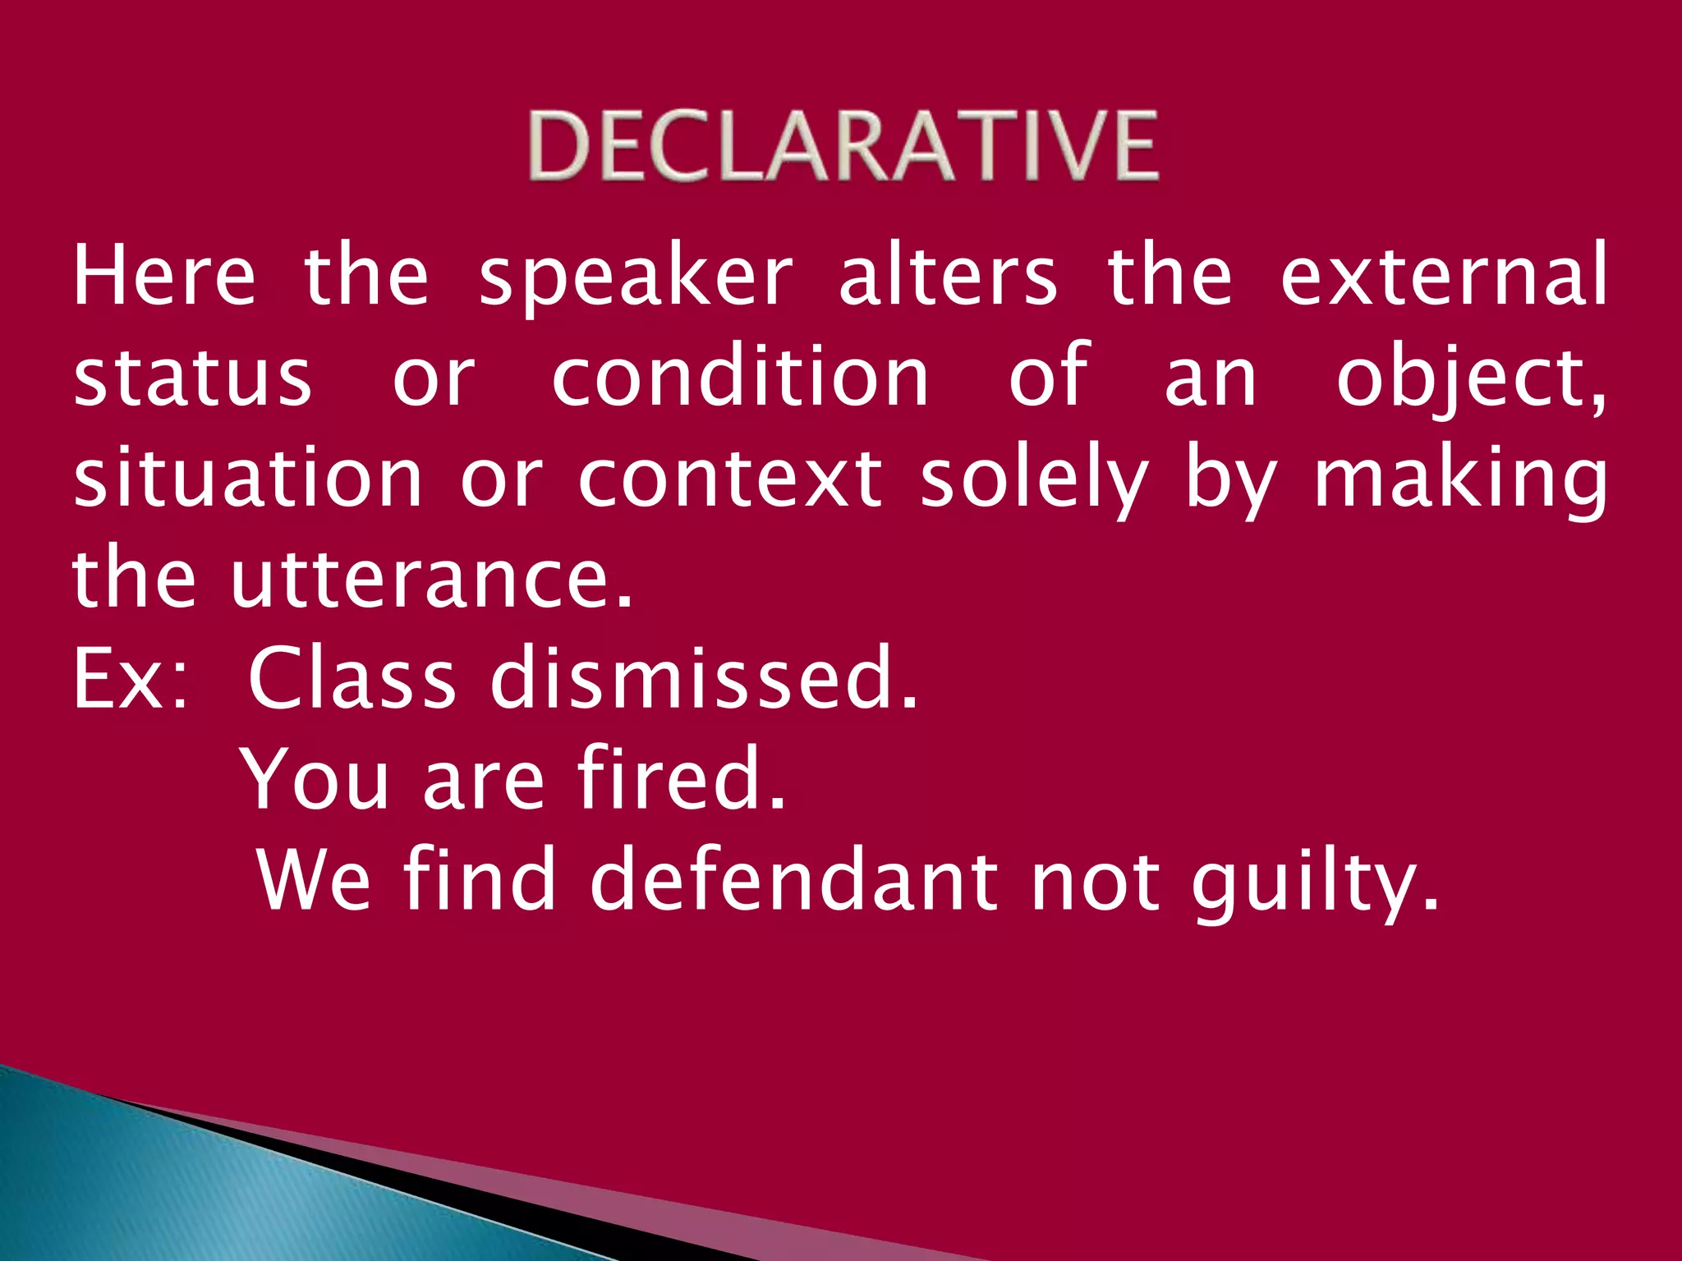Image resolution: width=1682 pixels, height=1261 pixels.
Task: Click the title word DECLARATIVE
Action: click(843, 146)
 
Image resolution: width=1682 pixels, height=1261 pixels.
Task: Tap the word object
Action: click(1470, 379)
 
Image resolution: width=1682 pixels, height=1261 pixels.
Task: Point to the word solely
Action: click(1033, 479)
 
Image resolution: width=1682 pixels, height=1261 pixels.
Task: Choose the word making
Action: click(1460, 479)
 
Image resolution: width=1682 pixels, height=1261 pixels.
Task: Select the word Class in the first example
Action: click(352, 678)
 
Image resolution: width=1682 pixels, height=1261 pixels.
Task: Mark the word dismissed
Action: click(703, 678)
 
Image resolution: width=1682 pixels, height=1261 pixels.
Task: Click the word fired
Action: click(681, 777)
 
